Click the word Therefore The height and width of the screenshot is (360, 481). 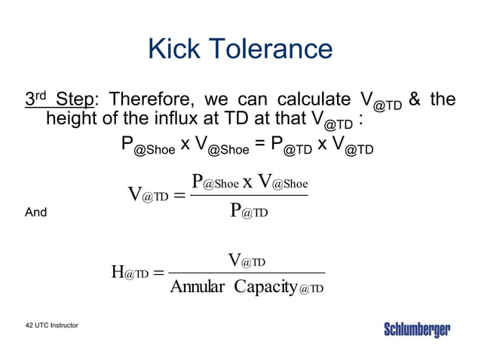[x=151, y=99]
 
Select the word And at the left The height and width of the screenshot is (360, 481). [x=35, y=212]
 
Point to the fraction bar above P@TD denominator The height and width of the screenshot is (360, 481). [x=249, y=196]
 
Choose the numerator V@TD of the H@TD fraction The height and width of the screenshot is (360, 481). [x=247, y=261]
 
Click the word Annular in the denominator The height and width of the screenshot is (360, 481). [x=198, y=287]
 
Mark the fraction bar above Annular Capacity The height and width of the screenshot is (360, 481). [x=247, y=273]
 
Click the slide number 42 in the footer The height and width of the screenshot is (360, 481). [x=29, y=325]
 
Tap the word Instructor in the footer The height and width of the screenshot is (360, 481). [x=66, y=325]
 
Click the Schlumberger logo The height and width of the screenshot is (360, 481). [x=417, y=330]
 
